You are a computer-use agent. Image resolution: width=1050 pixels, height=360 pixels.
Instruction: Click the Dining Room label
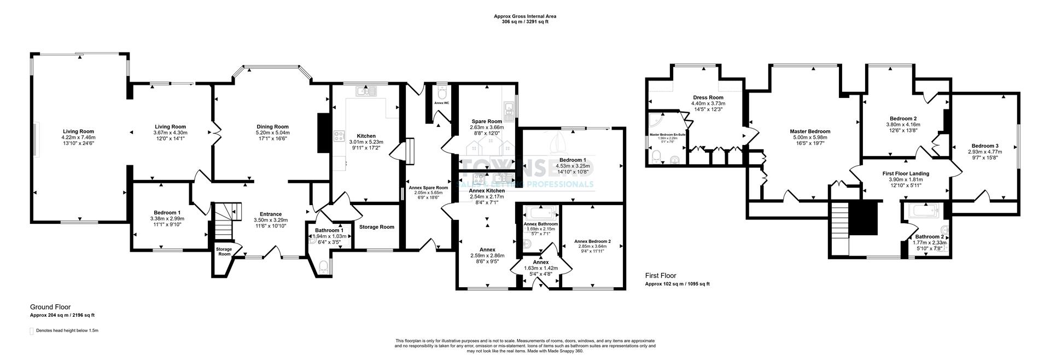[272, 126]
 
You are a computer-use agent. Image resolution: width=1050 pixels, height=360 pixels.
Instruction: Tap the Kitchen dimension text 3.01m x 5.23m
[366, 142]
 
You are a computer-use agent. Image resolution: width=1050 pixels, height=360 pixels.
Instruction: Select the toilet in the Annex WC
[442, 91]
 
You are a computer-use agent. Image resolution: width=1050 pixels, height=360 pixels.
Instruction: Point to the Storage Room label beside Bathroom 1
[376, 227]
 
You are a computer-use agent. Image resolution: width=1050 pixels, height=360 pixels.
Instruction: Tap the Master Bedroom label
[810, 131]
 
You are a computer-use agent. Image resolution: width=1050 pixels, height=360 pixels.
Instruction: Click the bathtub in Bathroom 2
[923, 210]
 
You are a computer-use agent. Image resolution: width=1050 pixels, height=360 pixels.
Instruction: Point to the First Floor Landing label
[906, 173]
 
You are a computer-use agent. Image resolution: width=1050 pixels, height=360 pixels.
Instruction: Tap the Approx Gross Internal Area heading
[525, 16]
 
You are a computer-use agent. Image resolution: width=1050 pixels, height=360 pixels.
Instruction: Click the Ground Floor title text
[50, 307]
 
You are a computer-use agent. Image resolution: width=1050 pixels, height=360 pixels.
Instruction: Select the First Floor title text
[661, 276]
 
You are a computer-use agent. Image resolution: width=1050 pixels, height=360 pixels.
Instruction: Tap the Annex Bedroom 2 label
[592, 241]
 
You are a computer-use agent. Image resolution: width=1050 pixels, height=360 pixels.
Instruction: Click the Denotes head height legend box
[32, 331]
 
